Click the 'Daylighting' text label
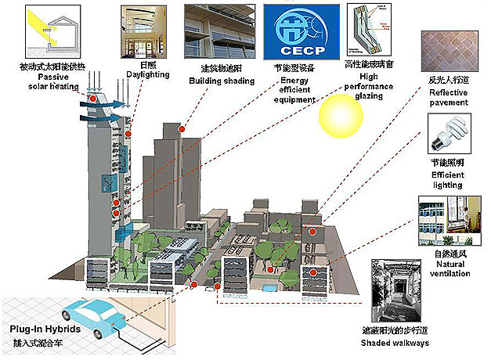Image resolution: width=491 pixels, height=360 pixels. (142, 75)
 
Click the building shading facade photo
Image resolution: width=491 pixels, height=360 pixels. (217, 31)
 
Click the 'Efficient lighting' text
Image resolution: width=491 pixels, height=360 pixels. (449, 179)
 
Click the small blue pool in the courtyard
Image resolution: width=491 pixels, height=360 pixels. (268, 286)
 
